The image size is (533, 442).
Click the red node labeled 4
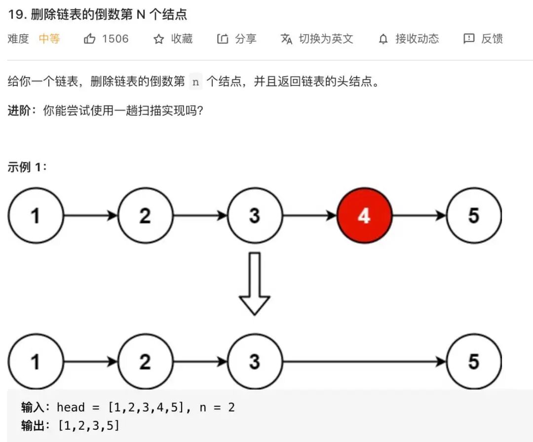tap(364, 216)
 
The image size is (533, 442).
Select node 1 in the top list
tap(36, 216)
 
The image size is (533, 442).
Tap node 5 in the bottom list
tap(473, 362)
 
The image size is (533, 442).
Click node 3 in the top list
tap(255, 216)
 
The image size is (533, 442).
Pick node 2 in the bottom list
tap(145, 362)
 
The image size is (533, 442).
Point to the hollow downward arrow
tap(254, 284)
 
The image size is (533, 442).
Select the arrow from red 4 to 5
tap(419, 216)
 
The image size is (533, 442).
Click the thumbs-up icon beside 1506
tap(90, 39)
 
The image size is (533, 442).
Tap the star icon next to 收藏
tap(158, 39)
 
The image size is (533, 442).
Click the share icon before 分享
tap(223, 39)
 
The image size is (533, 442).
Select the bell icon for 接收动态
tap(383, 39)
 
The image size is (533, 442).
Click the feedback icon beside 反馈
tap(469, 39)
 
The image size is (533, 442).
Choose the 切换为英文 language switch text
tap(326, 39)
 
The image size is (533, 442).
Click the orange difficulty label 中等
tap(49, 39)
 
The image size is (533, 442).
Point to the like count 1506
tap(115, 39)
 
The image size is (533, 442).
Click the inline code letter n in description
tap(195, 82)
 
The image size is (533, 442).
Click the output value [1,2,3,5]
tap(88, 425)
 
